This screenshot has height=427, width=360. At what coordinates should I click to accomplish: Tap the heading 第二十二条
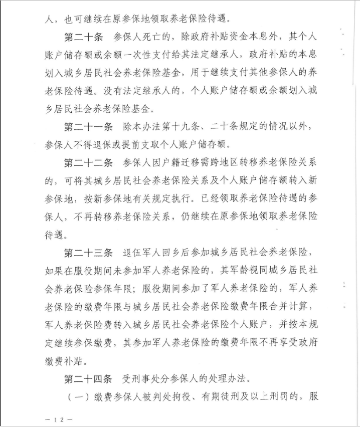coord(88,163)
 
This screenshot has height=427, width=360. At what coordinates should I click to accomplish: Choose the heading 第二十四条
coord(88,377)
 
